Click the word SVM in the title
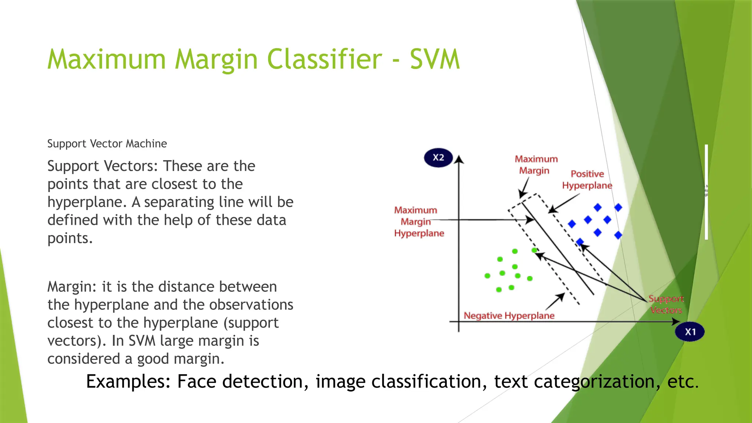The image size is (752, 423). [x=434, y=59]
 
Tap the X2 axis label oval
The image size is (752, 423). [x=438, y=158]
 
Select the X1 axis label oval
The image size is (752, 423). [x=690, y=332]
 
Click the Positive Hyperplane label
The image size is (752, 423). [x=587, y=180]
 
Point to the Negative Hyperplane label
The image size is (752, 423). [x=509, y=316]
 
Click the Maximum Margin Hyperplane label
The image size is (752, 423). [x=419, y=222]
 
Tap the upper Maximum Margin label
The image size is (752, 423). [x=536, y=165]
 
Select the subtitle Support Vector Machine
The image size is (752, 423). [x=107, y=144]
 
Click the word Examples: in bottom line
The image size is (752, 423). [x=128, y=382]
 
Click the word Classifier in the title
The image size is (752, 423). [x=324, y=59]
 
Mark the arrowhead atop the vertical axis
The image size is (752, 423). [x=459, y=159]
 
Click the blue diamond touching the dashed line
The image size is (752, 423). [x=580, y=242]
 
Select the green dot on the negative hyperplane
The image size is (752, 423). [x=534, y=250]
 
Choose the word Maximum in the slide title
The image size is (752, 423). [x=106, y=59]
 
